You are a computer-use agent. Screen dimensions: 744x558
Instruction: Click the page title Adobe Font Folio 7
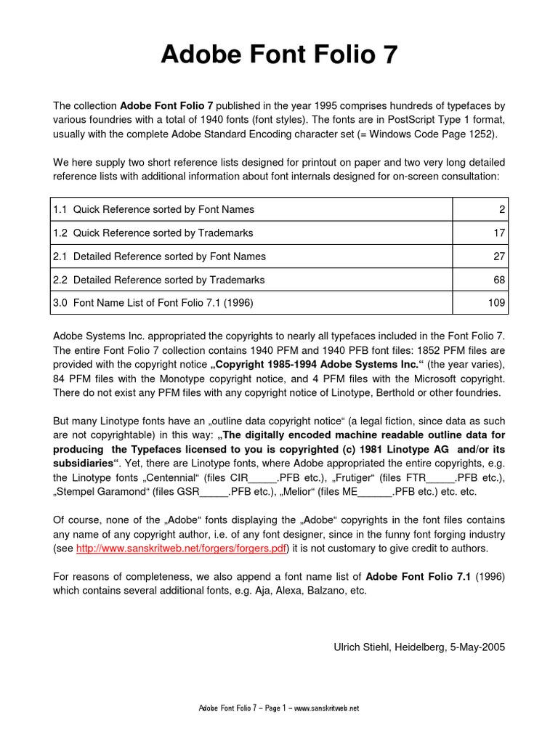(279, 54)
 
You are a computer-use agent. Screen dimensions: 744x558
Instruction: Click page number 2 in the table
(501, 209)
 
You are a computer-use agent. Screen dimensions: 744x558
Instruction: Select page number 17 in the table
(498, 232)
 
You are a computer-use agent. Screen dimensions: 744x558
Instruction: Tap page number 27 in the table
(498, 256)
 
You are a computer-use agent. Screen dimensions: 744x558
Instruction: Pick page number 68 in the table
(498, 280)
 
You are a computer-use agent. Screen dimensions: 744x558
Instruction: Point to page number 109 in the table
(496, 303)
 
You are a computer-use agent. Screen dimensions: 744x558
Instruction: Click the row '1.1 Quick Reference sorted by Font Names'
(154, 209)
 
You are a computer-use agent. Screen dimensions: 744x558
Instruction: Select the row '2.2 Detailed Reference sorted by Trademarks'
(158, 280)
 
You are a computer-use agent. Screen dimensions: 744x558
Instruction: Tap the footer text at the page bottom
(279, 708)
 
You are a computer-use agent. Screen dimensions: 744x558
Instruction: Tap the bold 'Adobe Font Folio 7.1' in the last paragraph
(418, 576)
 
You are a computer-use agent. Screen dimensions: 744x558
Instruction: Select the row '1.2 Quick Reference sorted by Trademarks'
(153, 232)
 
